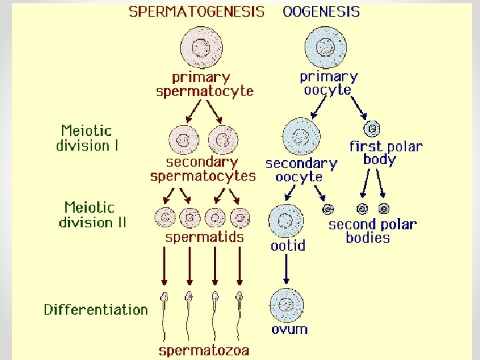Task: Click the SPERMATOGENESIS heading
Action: tap(196, 12)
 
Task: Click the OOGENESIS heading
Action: tap(321, 12)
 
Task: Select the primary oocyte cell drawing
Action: tap(326, 47)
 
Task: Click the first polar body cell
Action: tap(373, 128)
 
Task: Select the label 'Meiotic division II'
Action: tap(92, 215)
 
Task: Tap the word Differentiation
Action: tap(95, 309)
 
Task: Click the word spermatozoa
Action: tap(203, 350)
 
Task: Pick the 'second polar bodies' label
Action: tap(371, 231)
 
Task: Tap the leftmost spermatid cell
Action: tap(165, 217)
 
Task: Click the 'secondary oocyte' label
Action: tap(301, 170)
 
